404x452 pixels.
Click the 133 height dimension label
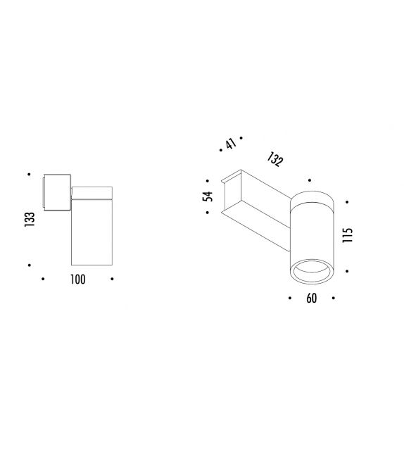(30, 219)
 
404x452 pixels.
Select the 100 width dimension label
(77, 280)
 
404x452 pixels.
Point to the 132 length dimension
(275, 160)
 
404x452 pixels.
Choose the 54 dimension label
(208, 196)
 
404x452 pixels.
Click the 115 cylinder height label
(347, 234)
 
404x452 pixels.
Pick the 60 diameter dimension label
(312, 299)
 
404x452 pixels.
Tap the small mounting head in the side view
(56, 191)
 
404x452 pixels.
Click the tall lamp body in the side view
(91, 232)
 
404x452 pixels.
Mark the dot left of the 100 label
(44, 280)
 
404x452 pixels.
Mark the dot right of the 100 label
(112, 280)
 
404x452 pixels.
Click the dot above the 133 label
(29, 173)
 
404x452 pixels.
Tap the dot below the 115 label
(347, 269)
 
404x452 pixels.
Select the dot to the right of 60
(334, 299)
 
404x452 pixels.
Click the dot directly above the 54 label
(208, 180)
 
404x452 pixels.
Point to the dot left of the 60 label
(290, 299)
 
